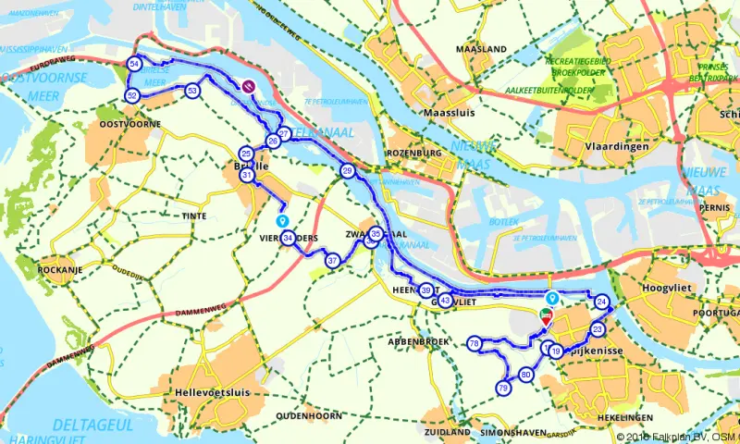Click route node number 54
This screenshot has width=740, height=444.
pos(135,64)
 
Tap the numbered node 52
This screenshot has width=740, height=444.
pos(132,96)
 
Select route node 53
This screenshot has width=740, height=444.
pos(192,91)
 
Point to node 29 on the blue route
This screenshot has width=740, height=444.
pos(347,171)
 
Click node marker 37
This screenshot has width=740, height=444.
pos(332,261)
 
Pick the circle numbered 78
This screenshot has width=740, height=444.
pos(475,343)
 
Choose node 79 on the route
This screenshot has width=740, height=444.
pos(503,388)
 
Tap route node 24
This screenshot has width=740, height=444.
pos(602,302)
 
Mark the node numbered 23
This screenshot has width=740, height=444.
pos(598,329)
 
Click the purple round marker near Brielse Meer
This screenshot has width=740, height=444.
pos(249,86)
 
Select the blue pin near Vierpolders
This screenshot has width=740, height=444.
pos(283,221)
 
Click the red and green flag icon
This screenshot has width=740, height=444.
pos(546,318)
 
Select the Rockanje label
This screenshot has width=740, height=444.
pos(55,269)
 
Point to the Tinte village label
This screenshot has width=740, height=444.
pos(194,215)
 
